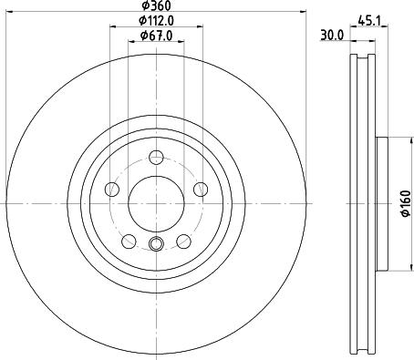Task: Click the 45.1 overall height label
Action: tap(370, 20)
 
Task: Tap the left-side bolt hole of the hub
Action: tap(113, 189)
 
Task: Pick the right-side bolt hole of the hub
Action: tap(200, 189)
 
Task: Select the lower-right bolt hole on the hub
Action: tap(183, 240)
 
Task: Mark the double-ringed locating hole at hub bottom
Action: tap(156, 242)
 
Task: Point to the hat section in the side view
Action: tap(380, 201)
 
